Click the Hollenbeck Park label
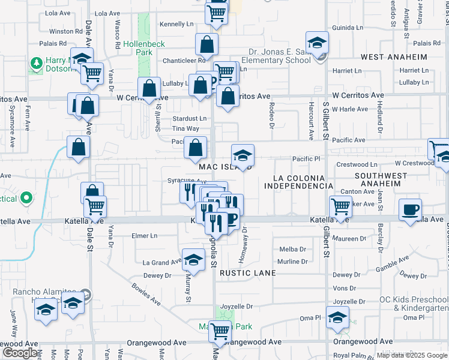139,49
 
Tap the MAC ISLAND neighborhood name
225,166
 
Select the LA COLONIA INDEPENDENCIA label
298,183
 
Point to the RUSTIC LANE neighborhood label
247,273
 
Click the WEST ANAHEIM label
394,57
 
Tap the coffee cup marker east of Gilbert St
411,210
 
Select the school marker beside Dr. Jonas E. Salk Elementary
316,43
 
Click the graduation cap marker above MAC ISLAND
243,155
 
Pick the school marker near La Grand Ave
193,260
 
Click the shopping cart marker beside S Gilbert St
340,206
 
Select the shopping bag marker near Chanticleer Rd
206,45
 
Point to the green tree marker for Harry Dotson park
36,62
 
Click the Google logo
20,353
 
